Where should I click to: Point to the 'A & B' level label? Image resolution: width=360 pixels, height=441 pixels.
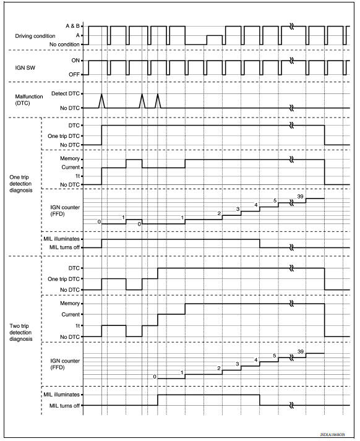pyautogui.click(x=72, y=27)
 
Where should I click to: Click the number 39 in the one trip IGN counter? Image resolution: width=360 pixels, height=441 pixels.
pyautogui.click(x=300, y=196)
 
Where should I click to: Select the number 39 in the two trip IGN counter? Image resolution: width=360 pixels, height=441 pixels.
pyautogui.click(x=300, y=351)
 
